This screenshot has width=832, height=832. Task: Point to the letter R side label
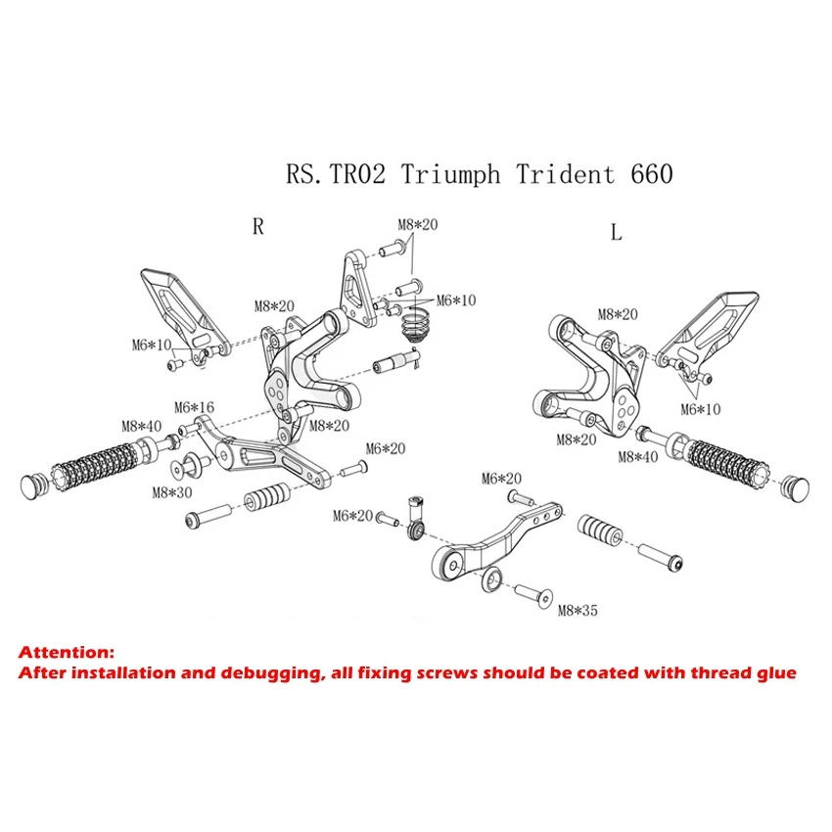coord(257,226)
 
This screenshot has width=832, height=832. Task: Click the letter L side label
coord(616,232)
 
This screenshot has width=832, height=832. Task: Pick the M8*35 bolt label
coord(577,611)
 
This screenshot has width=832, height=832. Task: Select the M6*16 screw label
coord(194,407)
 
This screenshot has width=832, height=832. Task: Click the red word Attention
coord(67,652)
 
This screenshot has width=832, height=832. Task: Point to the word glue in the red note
coord(773,673)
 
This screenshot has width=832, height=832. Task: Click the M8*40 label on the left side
coord(141,426)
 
